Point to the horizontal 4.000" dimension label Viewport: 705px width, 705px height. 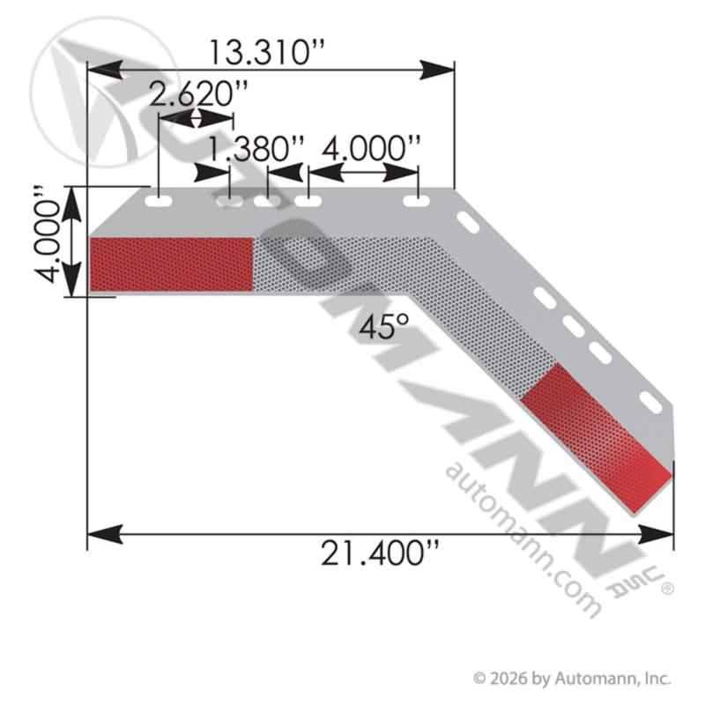371,147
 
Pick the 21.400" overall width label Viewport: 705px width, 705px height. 379,556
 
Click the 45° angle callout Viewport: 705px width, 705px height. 385,328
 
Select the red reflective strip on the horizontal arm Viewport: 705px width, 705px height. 172,263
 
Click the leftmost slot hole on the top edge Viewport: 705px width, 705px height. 159,203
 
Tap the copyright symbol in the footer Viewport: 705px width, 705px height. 480,679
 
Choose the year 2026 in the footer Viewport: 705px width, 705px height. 508,679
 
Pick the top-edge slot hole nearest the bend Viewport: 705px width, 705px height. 416,203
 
